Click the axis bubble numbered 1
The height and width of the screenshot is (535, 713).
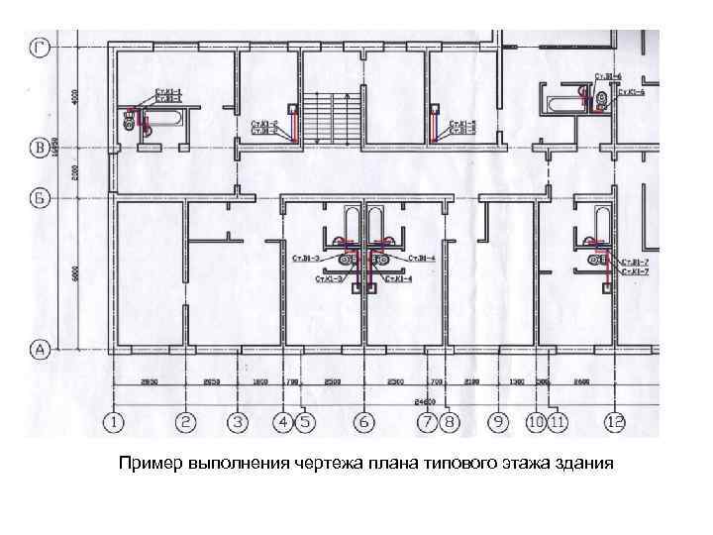coord(116,423)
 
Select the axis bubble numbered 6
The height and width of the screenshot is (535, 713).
coord(364,423)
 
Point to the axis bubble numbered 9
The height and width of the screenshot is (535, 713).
coord(496,423)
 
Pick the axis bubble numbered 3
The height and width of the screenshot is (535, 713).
coord(238,423)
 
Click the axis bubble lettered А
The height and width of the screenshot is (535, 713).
coord(41,349)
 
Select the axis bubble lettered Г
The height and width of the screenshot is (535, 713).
coord(41,47)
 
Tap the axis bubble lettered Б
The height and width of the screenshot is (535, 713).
coord(41,197)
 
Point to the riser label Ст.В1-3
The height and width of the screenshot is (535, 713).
coord(306,258)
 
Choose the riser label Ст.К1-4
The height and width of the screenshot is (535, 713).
coord(398,280)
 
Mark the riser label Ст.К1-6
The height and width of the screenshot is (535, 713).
coord(633,92)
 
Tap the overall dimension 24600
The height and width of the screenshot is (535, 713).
coord(426,402)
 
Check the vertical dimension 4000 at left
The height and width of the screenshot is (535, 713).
coord(73,96)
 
